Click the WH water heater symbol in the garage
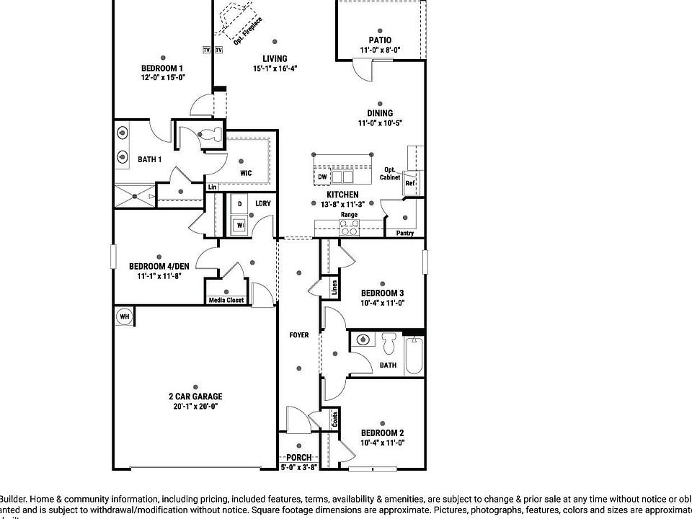coord(124,316)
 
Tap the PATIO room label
coord(380,40)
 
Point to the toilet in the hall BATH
coord(390,344)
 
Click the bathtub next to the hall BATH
coord(414,354)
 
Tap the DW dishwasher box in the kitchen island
coord(322,177)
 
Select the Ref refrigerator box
coord(409,184)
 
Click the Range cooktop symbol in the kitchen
coord(350,228)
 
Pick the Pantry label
coord(405,234)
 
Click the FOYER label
coord(299,335)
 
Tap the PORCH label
coord(298,458)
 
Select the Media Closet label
coord(226,300)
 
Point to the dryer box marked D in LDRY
coord(239,205)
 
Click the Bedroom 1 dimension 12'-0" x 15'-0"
coord(163,77)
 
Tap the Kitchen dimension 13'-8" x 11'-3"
coord(342,204)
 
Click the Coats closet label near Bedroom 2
coord(334,419)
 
